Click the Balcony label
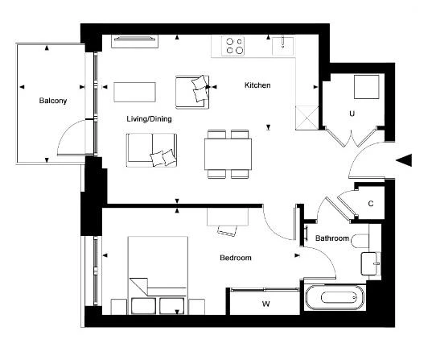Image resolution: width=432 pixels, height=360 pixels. pyautogui.click(x=53, y=101)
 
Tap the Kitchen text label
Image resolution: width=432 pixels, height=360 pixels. pyautogui.click(x=257, y=85)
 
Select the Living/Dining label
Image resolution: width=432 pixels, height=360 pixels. pyautogui.click(x=149, y=119)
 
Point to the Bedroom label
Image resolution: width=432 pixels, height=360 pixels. pyautogui.click(x=236, y=258)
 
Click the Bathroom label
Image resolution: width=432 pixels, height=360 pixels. pyautogui.click(x=332, y=238)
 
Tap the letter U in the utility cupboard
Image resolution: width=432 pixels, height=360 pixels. pyautogui.click(x=352, y=114)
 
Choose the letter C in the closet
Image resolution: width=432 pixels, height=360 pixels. pyautogui.click(x=371, y=204)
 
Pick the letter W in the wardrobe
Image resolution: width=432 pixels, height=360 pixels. pyautogui.click(x=265, y=304)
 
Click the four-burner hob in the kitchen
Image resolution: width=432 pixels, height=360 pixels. pyautogui.click(x=232, y=46)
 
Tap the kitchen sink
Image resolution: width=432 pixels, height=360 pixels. pyautogui.click(x=282, y=46)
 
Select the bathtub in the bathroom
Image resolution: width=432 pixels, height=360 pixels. pyautogui.click(x=335, y=298)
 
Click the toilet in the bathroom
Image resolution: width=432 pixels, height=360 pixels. pyautogui.click(x=360, y=241)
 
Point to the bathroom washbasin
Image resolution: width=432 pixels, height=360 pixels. pyautogui.click(x=371, y=263)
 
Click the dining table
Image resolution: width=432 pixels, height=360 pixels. pyautogui.click(x=228, y=154)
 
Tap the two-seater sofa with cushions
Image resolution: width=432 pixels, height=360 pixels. pyautogui.click(x=151, y=150)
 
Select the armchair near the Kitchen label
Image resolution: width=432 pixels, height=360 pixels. pyautogui.click(x=192, y=92)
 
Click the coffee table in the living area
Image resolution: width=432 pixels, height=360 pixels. pyautogui.click(x=134, y=92)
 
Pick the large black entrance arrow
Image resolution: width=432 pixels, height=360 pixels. pyautogui.click(x=404, y=160)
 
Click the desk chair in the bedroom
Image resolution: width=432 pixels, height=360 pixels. pyautogui.click(x=228, y=230)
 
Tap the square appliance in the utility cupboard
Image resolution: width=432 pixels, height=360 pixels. pyautogui.click(x=366, y=87)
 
